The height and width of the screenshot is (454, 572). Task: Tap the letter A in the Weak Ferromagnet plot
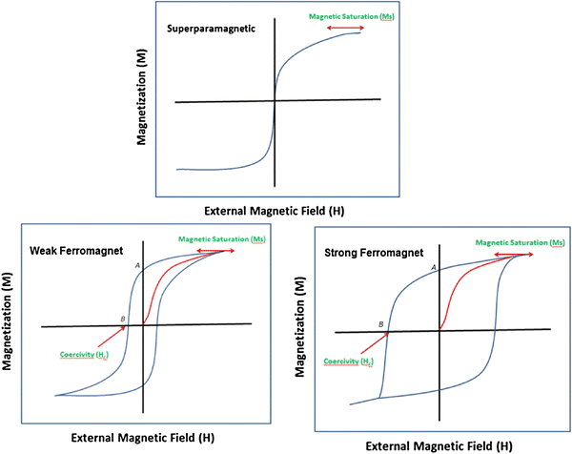coord(138,264)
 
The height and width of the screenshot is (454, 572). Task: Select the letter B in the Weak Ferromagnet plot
coord(123,318)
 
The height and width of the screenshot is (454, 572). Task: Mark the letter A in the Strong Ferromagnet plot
coord(434,268)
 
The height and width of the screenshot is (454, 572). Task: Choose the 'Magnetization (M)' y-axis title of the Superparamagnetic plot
coord(140,98)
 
